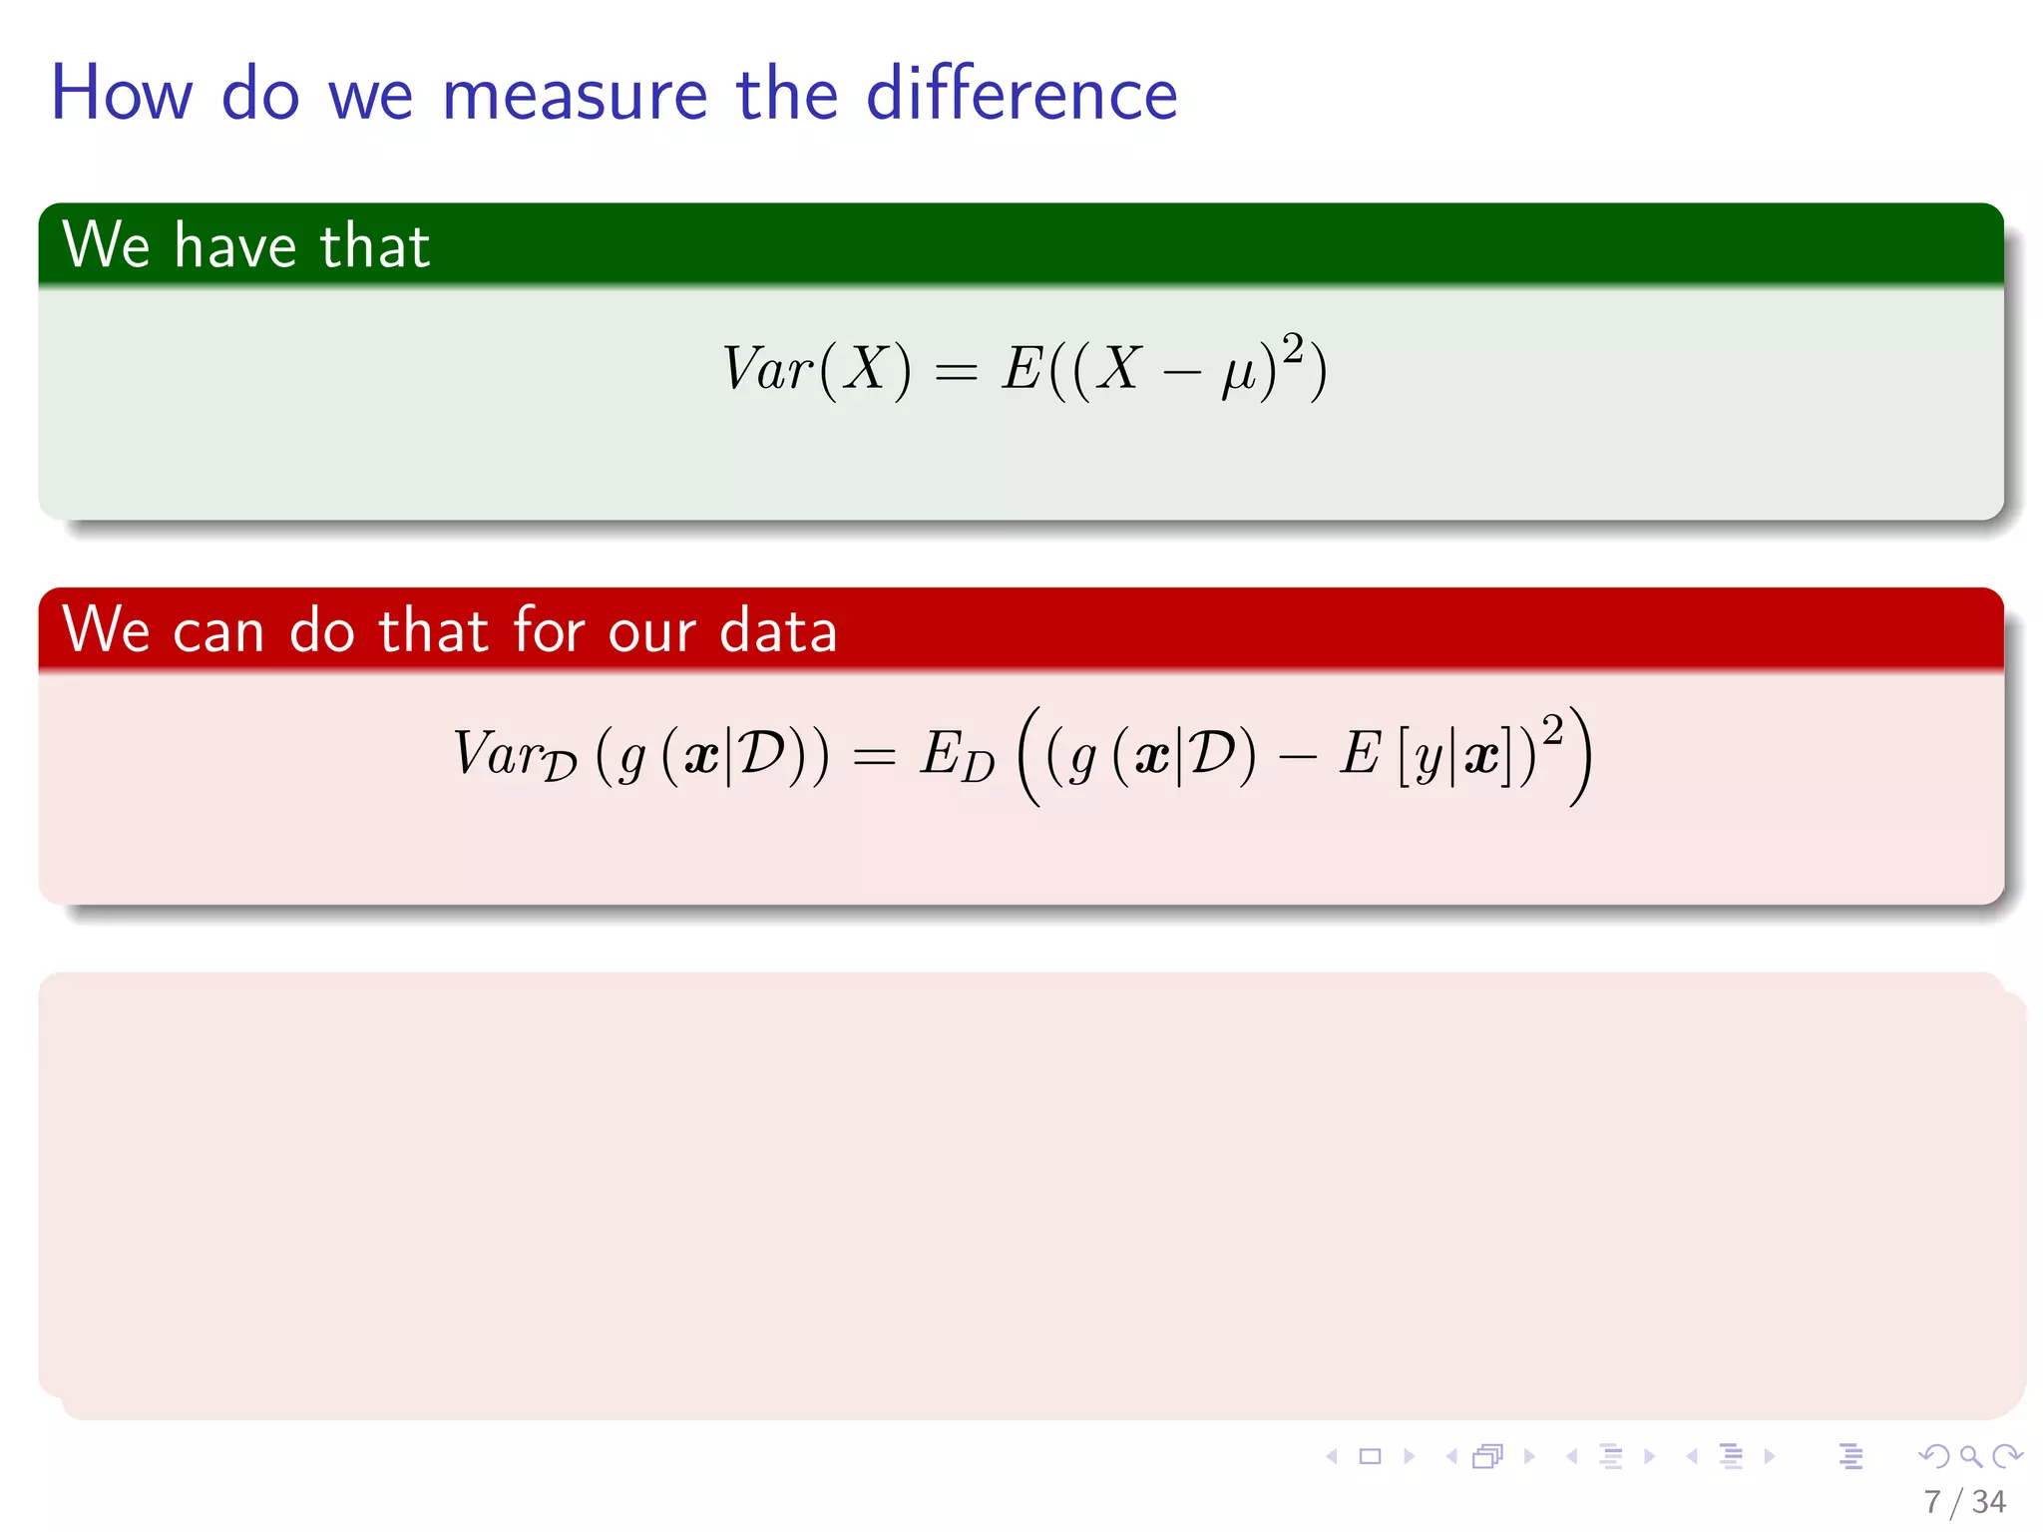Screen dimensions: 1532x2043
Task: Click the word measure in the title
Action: [x=574, y=95]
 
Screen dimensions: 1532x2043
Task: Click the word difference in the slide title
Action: [x=1021, y=95]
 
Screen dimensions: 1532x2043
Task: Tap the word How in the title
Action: [x=121, y=95]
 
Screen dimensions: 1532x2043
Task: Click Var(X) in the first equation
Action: [x=816, y=369]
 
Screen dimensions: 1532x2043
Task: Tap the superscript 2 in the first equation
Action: [x=1293, y=348]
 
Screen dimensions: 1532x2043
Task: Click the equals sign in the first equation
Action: [x=956, y=372]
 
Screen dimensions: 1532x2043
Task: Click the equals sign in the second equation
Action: [x=874, y=757]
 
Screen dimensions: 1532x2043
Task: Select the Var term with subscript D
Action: [x=514, y=755]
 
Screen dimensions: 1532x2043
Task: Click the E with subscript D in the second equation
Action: [x=957, y=757]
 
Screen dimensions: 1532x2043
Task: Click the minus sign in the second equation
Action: [x=1297, y=758]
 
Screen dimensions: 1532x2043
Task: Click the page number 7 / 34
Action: [x=1964, y=1501]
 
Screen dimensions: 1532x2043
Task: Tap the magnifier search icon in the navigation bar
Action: [x=1970, y=1456]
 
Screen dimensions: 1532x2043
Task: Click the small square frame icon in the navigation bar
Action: [x=1370, y=1456]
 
